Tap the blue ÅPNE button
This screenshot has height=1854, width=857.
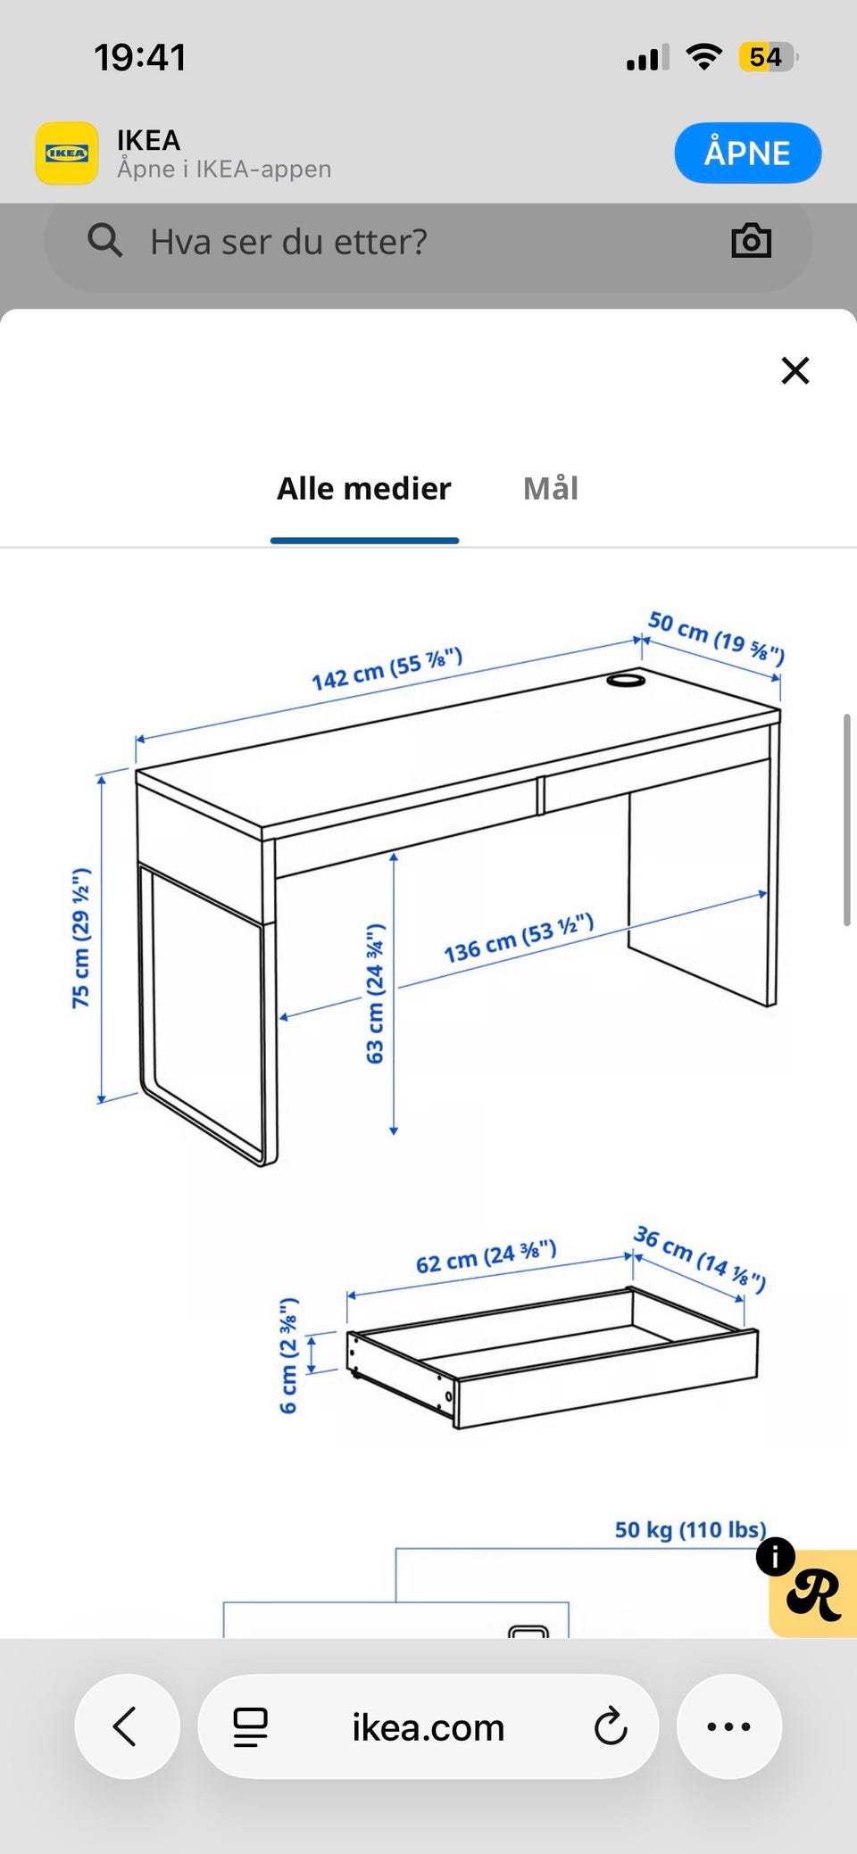(747, 153)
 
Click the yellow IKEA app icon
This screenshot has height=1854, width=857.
(67, 153)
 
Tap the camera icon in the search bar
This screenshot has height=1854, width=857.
(751, 241)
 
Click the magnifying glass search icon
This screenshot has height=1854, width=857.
(104, 240)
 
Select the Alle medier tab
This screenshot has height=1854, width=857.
(364, 488)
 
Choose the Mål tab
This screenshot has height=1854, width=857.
(551, 488)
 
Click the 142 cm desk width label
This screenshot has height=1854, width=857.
(387, 669)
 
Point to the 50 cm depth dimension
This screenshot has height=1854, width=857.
(716, 638)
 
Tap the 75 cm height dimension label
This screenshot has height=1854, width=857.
(81, 938)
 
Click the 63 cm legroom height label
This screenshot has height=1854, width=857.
(375, 993)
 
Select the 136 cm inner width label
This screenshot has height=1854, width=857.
(519, 938)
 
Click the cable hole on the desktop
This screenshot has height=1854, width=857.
(626, 681)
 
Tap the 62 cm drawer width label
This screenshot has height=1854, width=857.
(487, 1256)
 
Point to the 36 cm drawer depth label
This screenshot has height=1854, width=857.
(700, 1259)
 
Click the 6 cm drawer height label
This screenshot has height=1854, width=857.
(288, 1355)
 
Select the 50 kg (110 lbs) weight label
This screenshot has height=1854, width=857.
(690, 1530)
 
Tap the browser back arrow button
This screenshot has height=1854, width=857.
(127, 1726)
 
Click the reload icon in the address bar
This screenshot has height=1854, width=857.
(611, 1726)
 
